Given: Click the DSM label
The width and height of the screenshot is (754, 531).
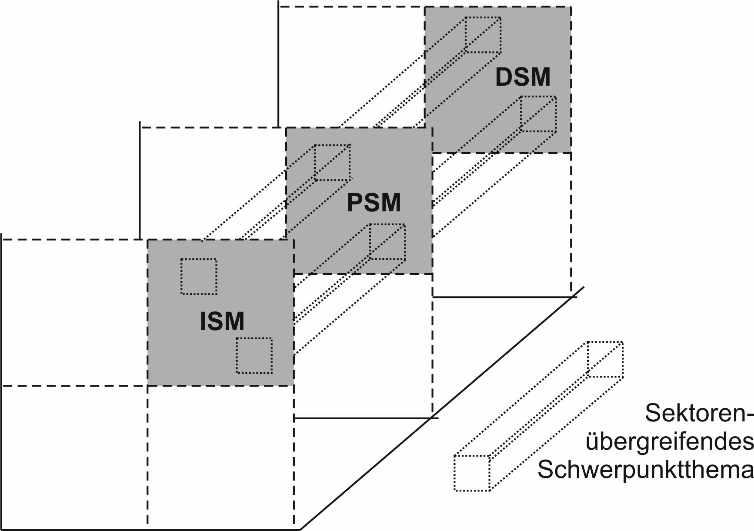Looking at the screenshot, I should tap(523, 77).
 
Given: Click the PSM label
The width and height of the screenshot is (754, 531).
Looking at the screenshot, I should tap(374, 203).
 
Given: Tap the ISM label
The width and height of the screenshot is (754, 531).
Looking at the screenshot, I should tap(222, 322).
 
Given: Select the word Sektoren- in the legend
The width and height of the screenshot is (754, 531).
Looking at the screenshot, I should tap(698, 414).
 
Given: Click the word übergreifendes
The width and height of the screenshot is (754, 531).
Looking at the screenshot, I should tap(670, 442).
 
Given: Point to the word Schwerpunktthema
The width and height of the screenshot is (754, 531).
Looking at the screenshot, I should tap(645, 471).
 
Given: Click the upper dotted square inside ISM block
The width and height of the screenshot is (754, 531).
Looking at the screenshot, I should tap(199, 277).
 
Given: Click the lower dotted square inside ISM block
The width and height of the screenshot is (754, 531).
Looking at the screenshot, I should tap(254, 356).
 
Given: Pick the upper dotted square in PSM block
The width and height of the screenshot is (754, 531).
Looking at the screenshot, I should tap(333, 163).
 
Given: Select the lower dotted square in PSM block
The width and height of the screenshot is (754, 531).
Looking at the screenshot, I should tap(387, 242).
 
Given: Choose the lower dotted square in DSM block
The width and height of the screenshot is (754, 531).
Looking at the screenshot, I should tap(538, 114).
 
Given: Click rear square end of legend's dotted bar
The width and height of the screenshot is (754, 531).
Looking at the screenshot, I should tap(605, 359).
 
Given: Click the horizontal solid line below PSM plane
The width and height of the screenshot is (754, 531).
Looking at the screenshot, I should tap(365, 418).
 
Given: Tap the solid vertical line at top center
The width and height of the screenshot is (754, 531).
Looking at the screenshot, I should tap(278, 65).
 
